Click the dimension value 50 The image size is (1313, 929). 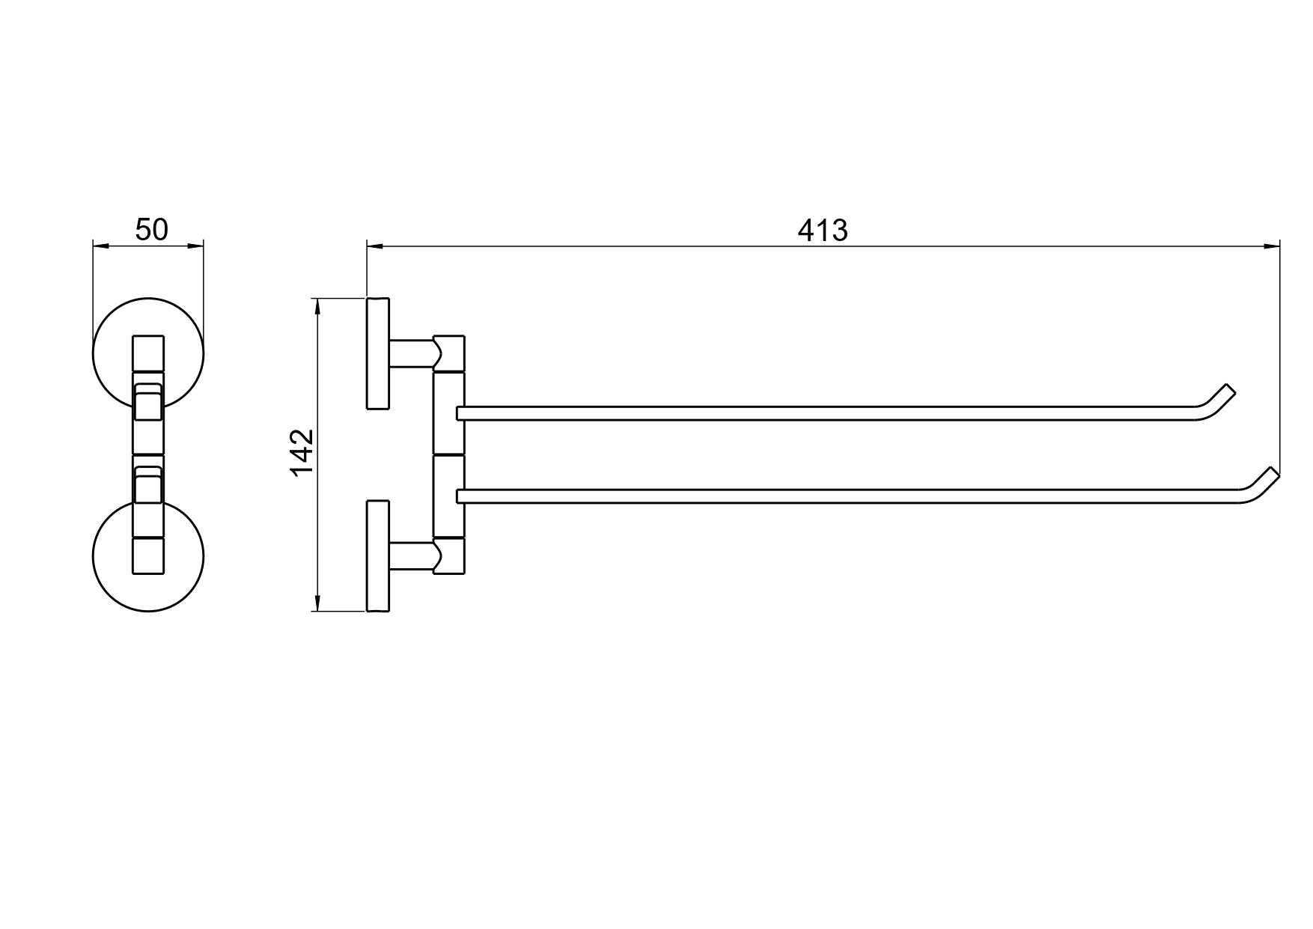tap(152, 230)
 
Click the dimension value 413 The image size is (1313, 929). tap(823, 231)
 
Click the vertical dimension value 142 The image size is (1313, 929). tap(302, 452)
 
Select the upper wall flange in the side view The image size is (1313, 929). tap(378, 353)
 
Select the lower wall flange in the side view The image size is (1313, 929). tap(378, 556)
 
